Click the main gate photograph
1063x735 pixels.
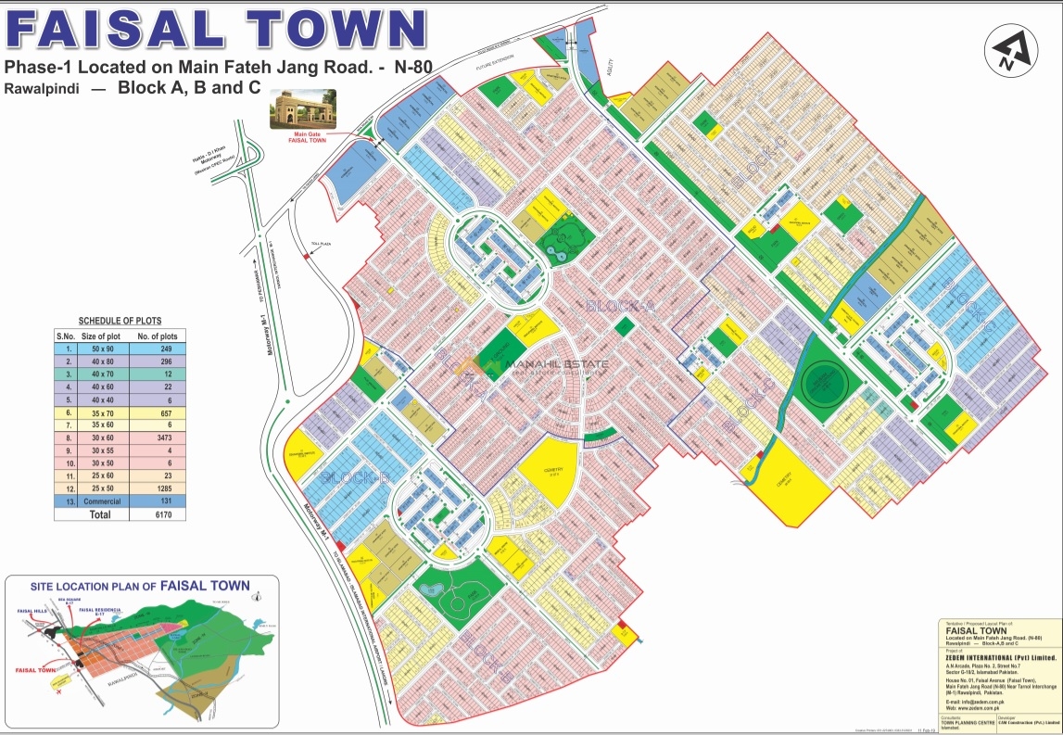click(298, 109)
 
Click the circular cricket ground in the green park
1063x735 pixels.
click(819, 379)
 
